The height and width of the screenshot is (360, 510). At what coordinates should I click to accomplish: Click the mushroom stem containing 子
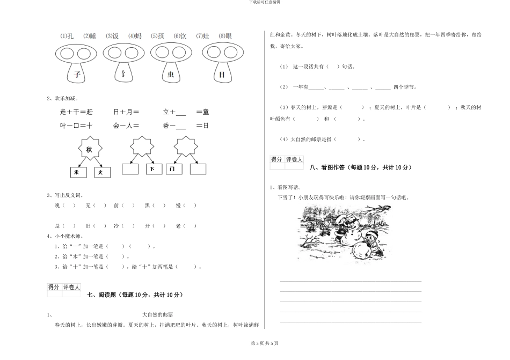coord(77,75)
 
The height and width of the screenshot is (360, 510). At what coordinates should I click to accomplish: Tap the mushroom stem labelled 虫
coord(171,75)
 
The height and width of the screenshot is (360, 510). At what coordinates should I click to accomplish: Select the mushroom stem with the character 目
coord(222,75)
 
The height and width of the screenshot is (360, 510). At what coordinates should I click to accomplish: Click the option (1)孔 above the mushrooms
coord(67,36)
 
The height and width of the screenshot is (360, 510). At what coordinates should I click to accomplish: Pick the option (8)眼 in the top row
coord(225,36)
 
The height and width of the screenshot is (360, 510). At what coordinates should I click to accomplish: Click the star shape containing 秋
coord(89,149)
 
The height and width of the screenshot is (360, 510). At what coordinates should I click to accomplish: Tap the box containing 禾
coord(77,172)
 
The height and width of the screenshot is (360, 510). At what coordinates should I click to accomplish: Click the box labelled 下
coord(153,170)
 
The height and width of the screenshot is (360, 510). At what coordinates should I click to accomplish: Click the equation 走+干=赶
coord(76,112)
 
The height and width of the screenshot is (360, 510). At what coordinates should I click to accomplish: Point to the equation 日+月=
coord(126,112)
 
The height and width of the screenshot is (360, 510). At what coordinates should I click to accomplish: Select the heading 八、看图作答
coord(361,167)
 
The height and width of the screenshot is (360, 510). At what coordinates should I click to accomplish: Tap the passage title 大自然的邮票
coord(157,314)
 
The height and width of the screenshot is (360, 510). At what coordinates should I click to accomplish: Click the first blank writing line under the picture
coord(351,281)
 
